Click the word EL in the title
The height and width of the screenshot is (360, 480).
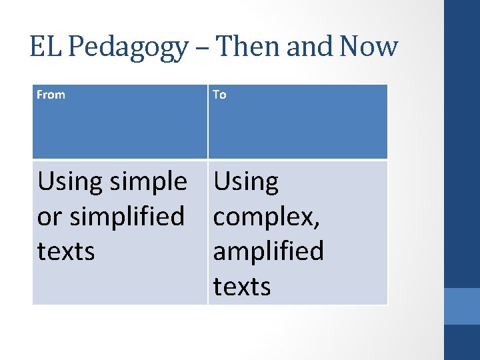(47, 47)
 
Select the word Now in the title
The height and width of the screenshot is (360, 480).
(369, 47)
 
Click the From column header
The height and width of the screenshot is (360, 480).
(51, 95)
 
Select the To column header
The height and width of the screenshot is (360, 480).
(219, 95)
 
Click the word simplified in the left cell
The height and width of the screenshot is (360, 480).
(126, 217)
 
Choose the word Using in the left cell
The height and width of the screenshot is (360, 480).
(69, 182)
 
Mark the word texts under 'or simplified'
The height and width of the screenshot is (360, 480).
(66, 252)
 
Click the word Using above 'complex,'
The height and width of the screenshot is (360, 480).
(245, 182)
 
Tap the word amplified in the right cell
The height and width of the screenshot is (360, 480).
(268, 252)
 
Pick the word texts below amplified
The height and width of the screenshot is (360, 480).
(241, 287)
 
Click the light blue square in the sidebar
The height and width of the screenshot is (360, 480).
(462, 306)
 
